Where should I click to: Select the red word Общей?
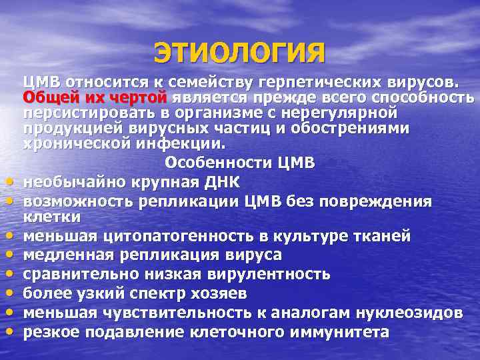[x=46, y=97]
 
